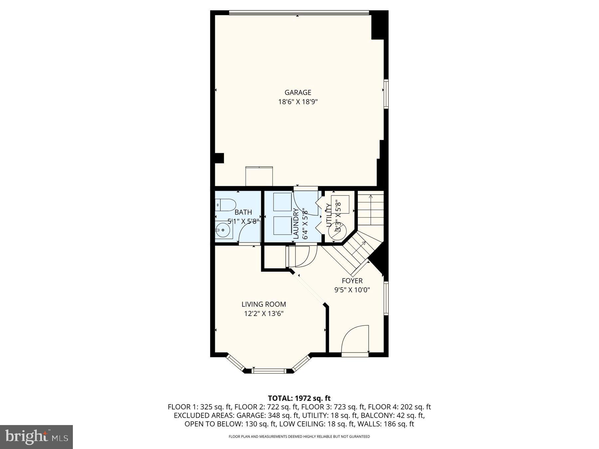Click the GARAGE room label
[298, 92]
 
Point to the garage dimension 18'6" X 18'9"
[298, 102]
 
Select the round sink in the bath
[221, 229]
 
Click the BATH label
[243, 212]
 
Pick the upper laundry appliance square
[282, 202]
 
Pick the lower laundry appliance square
[282, 225]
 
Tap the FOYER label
[352, 281]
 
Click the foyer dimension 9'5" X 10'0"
[352, 290]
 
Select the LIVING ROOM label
[264, 304]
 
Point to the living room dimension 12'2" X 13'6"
[264, 313]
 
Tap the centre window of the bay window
[269, 371]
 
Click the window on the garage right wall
[386, 94]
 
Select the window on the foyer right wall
[386, 298]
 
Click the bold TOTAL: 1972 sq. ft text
[299, 398]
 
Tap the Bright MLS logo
[36, 437]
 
